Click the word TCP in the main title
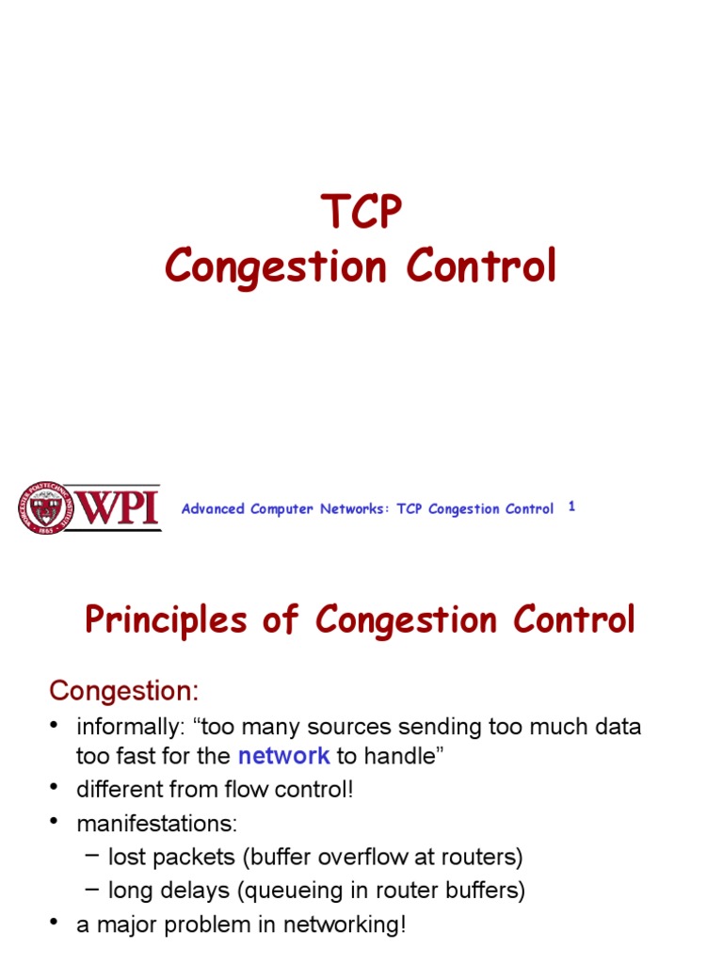361,212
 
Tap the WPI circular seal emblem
40,508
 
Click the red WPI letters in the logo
116,507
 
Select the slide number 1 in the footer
571,506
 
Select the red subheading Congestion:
124,691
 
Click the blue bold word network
283,755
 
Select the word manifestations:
157,824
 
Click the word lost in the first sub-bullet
125,858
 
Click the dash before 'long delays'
90,889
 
